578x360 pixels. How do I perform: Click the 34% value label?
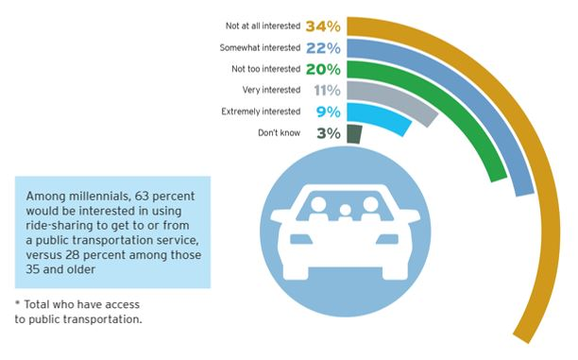(324, 26)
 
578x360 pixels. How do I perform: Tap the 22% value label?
(324, 47)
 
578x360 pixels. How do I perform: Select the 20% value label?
(324, 69)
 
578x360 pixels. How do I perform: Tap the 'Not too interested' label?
(268, 70)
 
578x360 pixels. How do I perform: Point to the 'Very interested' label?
(275, 92)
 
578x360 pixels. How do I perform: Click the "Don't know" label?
(279, 134)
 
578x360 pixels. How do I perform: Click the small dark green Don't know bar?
(354, 134)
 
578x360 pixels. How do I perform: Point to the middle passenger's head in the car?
(346, 210)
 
